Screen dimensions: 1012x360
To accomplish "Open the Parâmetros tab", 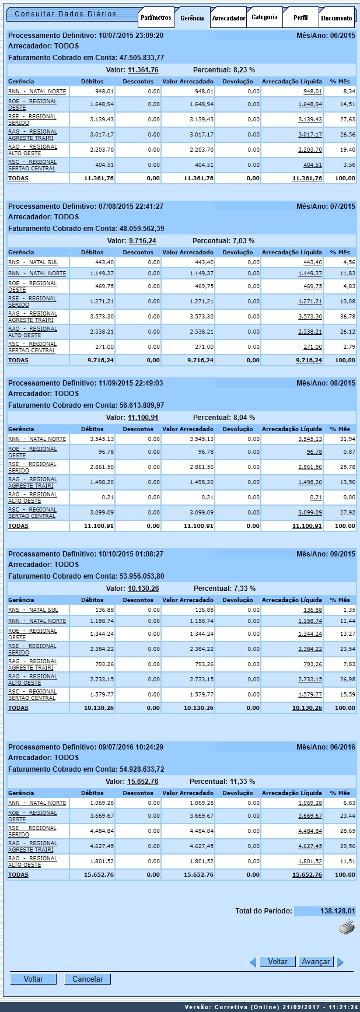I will click(156, 17).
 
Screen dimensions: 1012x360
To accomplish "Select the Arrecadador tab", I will click(228, 18).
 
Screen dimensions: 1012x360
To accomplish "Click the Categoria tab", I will click(264, 17).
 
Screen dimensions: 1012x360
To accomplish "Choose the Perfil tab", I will click(300, 17).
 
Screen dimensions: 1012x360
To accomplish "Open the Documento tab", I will click(337, 18).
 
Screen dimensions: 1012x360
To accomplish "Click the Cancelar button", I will click(88, 979).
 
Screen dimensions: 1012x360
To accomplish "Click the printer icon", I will click(347, 928).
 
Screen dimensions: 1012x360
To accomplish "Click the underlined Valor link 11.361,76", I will click(143, 70).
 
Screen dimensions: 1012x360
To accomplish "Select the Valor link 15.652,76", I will click(142, 782).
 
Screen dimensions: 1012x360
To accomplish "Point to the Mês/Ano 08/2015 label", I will click(326, 383).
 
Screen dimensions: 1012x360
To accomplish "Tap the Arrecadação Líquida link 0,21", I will click(316, 498).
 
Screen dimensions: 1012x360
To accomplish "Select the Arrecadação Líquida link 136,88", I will click(313, 610).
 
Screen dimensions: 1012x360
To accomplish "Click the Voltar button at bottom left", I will click(33, 979).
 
